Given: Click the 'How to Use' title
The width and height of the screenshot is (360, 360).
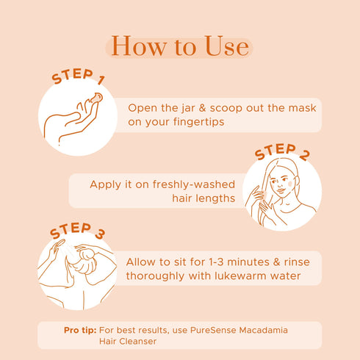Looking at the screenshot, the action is pyautogui.click(x=180, y=46).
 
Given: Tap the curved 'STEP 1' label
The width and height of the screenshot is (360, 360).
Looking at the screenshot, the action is pyautogui.click(x=79, y=76).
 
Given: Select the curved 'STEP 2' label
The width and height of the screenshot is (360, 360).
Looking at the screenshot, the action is pyautogui.click(x=282, y=151).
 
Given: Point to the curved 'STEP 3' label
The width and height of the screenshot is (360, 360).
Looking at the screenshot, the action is pyautogui.click(x=78, y=230).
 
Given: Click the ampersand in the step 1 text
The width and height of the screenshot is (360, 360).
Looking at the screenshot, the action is pyautogui.click(x=202, y=108).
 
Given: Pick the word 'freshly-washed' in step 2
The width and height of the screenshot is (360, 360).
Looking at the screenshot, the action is pyautogui.click(x=194, y=184).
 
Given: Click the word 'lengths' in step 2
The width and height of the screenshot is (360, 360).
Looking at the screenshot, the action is pyautogui.click(x=216, y=198).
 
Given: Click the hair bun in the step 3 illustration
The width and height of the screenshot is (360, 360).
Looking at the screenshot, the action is pyautogui.click(x=86, y=254).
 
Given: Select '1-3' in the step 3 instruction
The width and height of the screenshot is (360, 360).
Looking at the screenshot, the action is pyautogui.click(x=216, y=262).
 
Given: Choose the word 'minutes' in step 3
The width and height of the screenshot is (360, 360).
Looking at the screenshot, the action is pyautogui.click(x=248, y=262).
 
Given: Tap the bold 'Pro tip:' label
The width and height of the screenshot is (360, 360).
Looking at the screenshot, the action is pyautogui.click(x=80, y=331).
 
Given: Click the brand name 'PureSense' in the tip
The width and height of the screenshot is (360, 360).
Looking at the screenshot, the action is pyautogui.click(x=213, y=330).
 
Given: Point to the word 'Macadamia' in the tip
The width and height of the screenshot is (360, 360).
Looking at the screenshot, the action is pyautogui.click(x=263, y=330).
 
